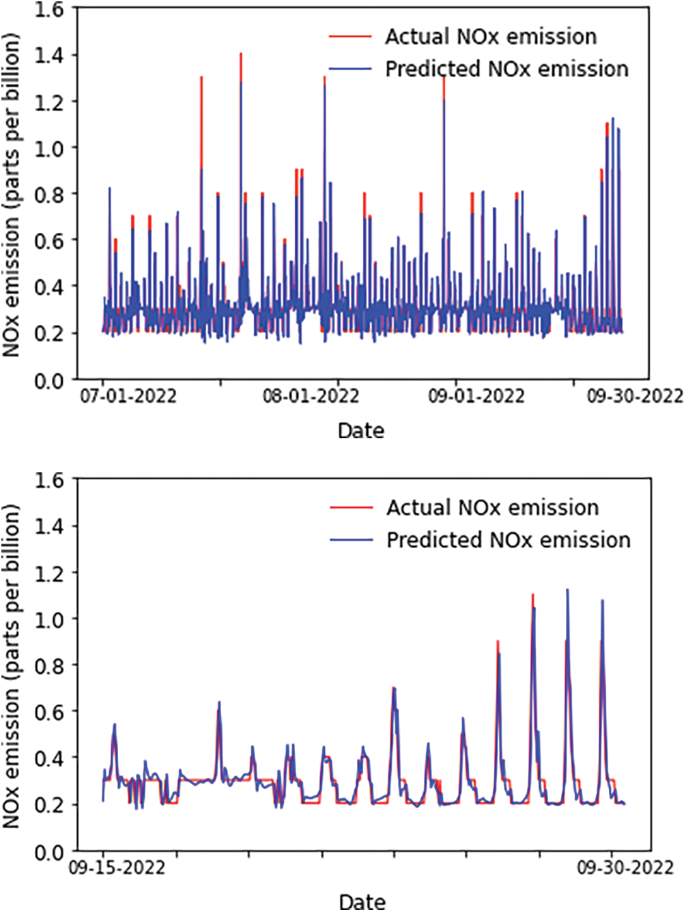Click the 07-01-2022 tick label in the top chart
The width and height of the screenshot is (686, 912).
click(x=128, y=396)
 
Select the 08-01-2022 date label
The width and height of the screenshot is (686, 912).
click(x=311, y=396)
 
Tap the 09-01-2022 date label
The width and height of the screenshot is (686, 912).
click(x=476, y=396)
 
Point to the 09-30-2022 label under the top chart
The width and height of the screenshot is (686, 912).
click(x=635, y=396)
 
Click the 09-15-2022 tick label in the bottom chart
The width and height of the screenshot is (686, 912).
click(x=117, y=868)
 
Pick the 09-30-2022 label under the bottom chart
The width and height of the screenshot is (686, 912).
click(x=625, y=868)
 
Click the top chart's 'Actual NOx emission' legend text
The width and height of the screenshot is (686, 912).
click(x=490, y=37)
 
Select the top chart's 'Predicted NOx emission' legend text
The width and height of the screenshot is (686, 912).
click(x=506, y=69)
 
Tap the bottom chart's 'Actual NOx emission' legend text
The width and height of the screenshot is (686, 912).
click(x=492, y=508)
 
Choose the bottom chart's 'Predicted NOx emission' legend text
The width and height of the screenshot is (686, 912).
click(x=508, y=540)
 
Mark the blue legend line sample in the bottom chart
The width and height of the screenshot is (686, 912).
click(x=352, y=540)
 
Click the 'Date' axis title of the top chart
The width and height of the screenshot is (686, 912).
click(x=361, y=431)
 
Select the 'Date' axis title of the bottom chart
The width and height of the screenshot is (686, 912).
click(x=362, y=901)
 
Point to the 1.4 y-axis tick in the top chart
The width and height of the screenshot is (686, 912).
click(x=48, y=55)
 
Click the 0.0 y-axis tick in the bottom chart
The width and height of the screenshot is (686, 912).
click(x=48, y=852)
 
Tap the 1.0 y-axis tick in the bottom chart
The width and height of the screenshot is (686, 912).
click(x=48, y=619)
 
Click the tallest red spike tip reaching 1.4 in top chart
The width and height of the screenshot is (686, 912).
click(x=240, y=54)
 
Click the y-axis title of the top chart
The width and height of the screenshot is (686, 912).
click(x=12, y=195)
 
